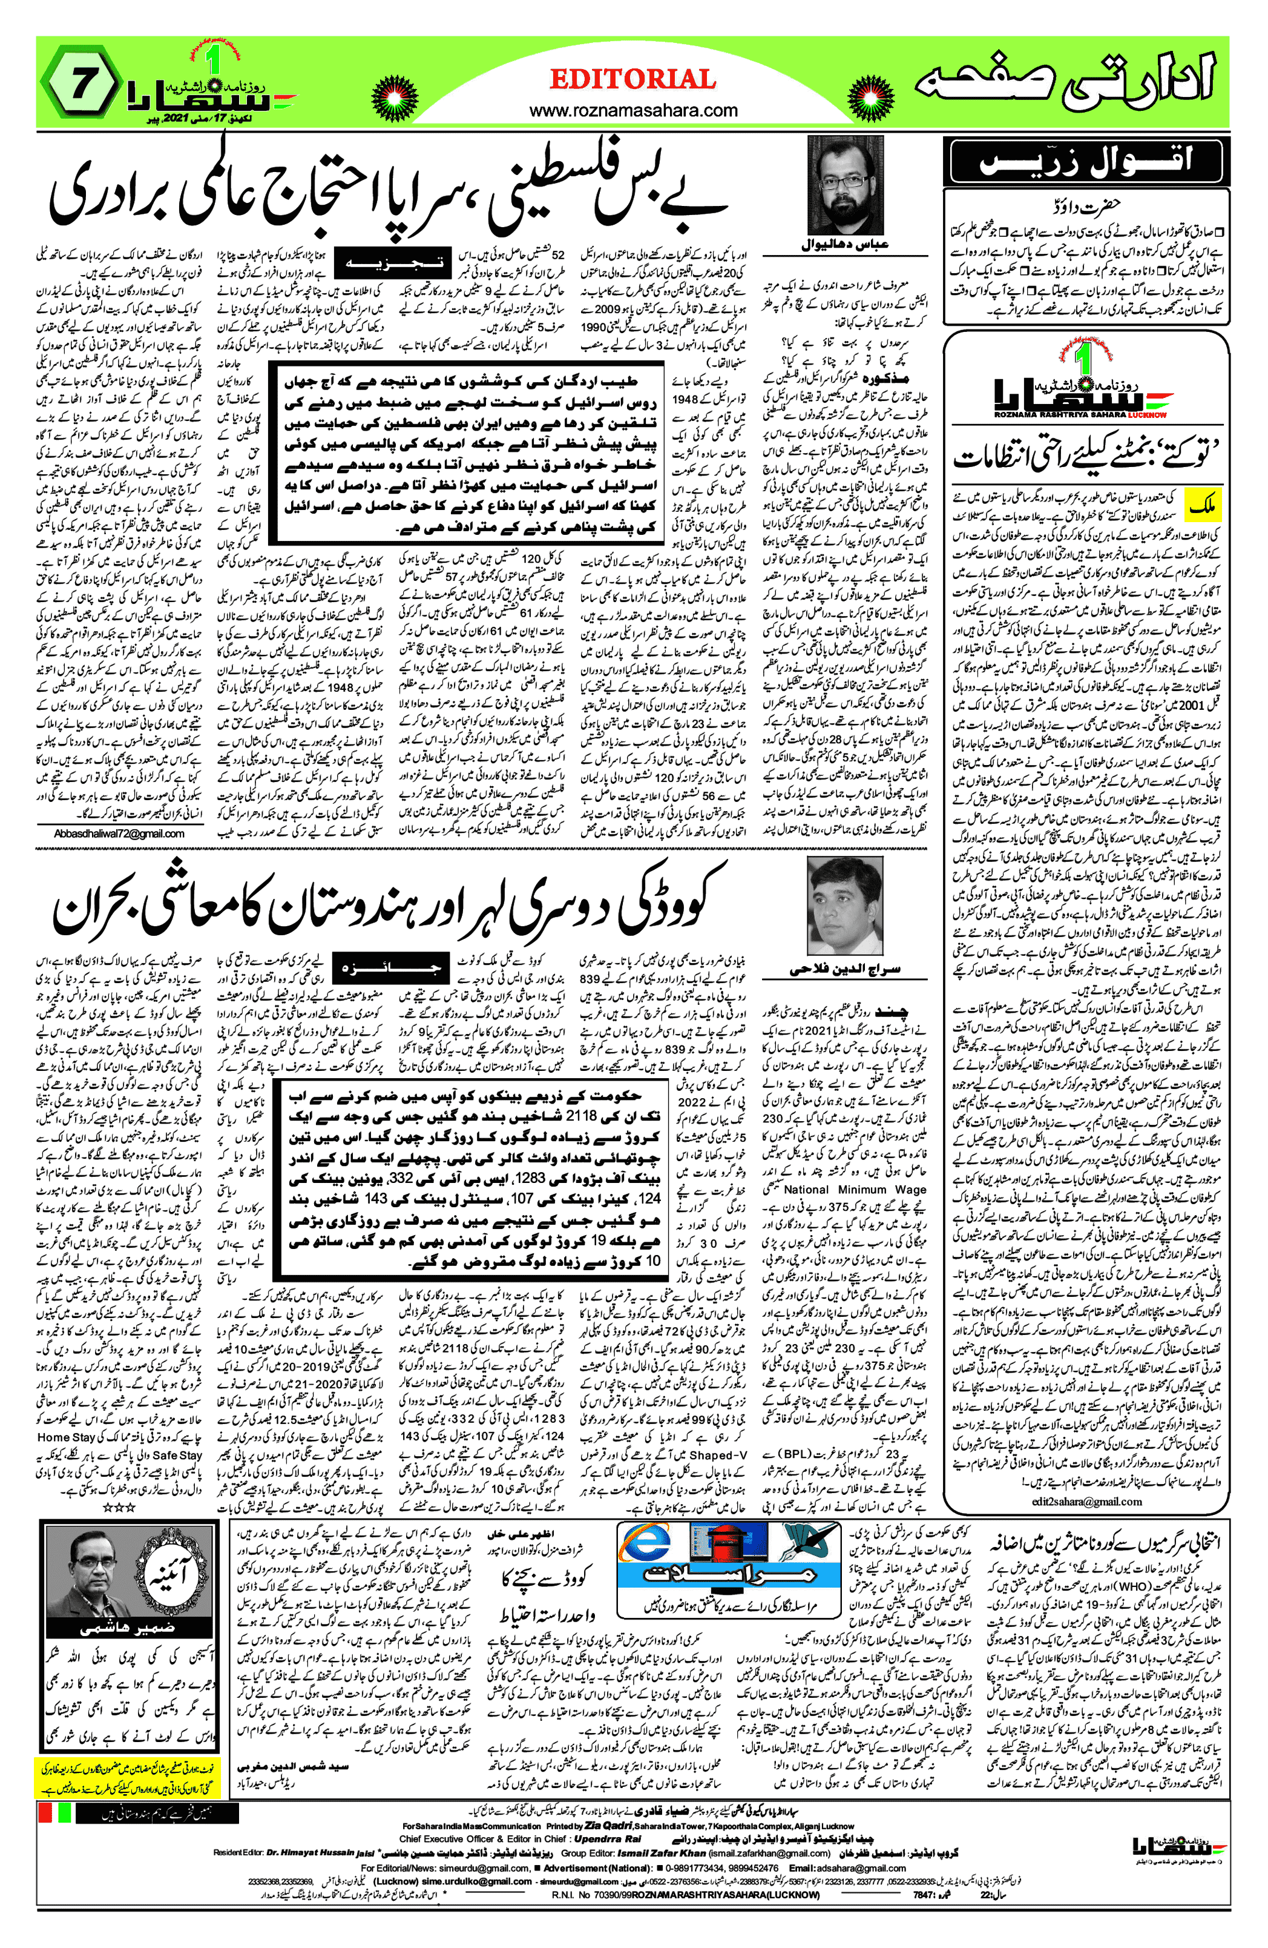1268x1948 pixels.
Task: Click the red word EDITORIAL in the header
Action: pyautogui.click(x=632, y=79)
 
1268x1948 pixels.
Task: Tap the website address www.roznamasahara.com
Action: pyautogui.click(x=633, y=110)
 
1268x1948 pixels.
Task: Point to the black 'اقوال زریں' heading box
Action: pyautogui.click(x=1086, y=161)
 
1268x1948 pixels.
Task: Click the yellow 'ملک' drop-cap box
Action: pyautogui.click(x=1201, y=506)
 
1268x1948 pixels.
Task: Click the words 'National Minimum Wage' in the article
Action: pyautogui.click(x=854, y=1189)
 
